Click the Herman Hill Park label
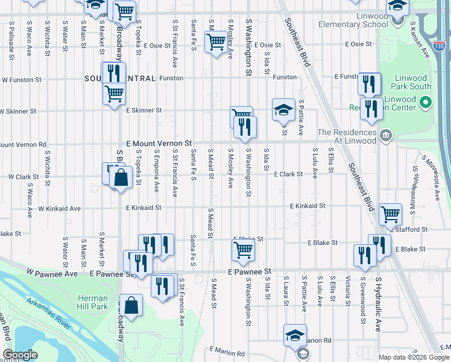(x=93, y=302)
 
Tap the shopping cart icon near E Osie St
(x=216, y=42)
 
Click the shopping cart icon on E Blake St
(x=243, y=249)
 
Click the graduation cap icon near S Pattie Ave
(x=283, y=110)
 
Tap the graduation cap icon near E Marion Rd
(x=295, y=335)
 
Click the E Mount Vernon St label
(x=159, y=144)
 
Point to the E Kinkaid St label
(x=307, y=206)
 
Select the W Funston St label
(x=21, y=79)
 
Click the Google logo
(x=20, y=355)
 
